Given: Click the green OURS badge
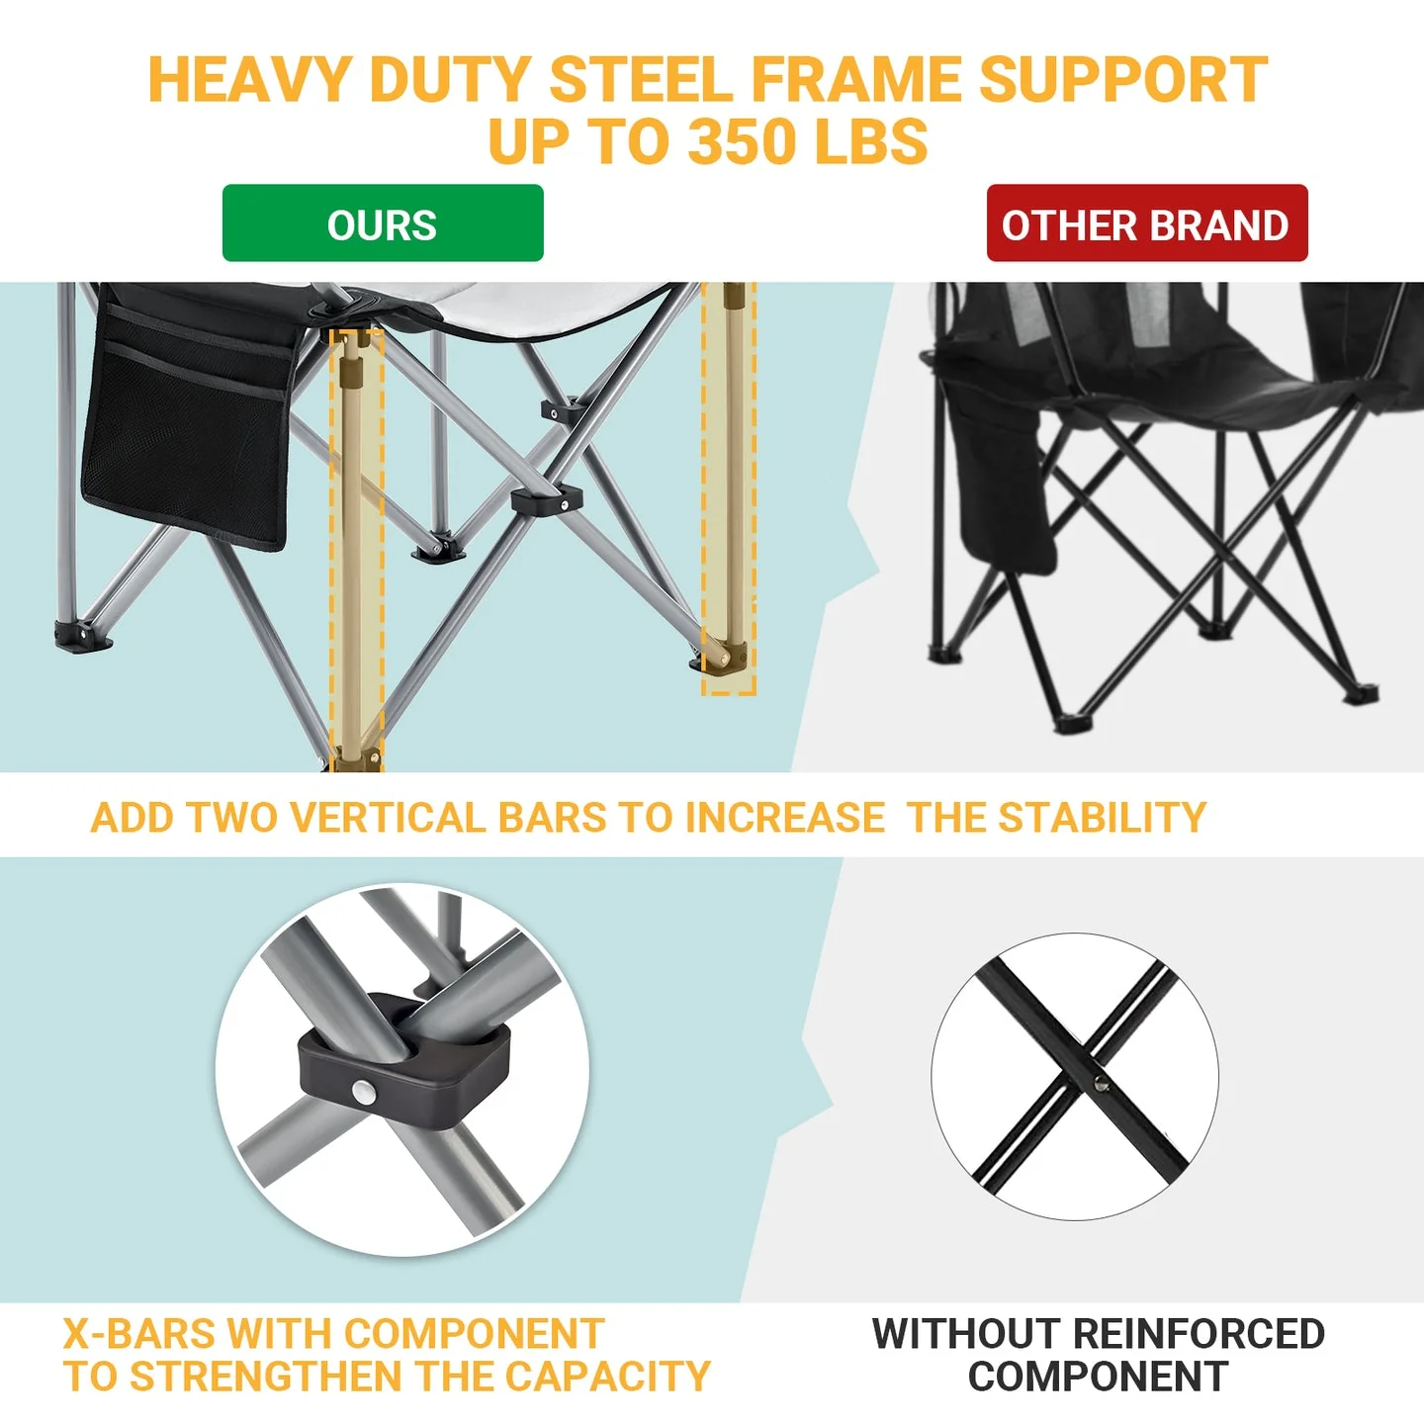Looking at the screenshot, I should pos(383,223).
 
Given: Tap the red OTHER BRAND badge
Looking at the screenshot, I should pos(1146,223).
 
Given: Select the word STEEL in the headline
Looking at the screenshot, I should pos(641,79).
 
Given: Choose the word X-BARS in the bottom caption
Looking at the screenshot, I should pos(139,1334).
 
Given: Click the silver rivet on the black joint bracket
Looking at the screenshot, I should pos(364,1093).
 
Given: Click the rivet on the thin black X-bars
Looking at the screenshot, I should pos(1101,1085).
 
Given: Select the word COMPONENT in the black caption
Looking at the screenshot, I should pos(1098,1377).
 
